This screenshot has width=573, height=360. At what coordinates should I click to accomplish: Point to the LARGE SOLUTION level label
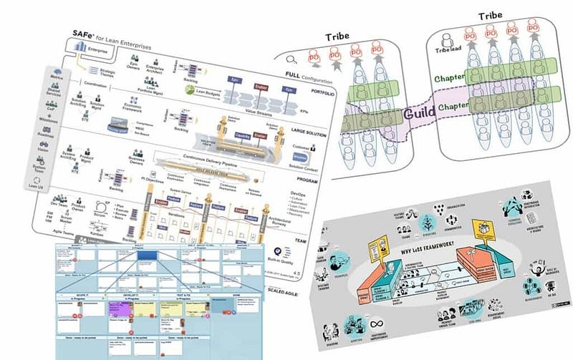pyautogui.click(x=308, y=131)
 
